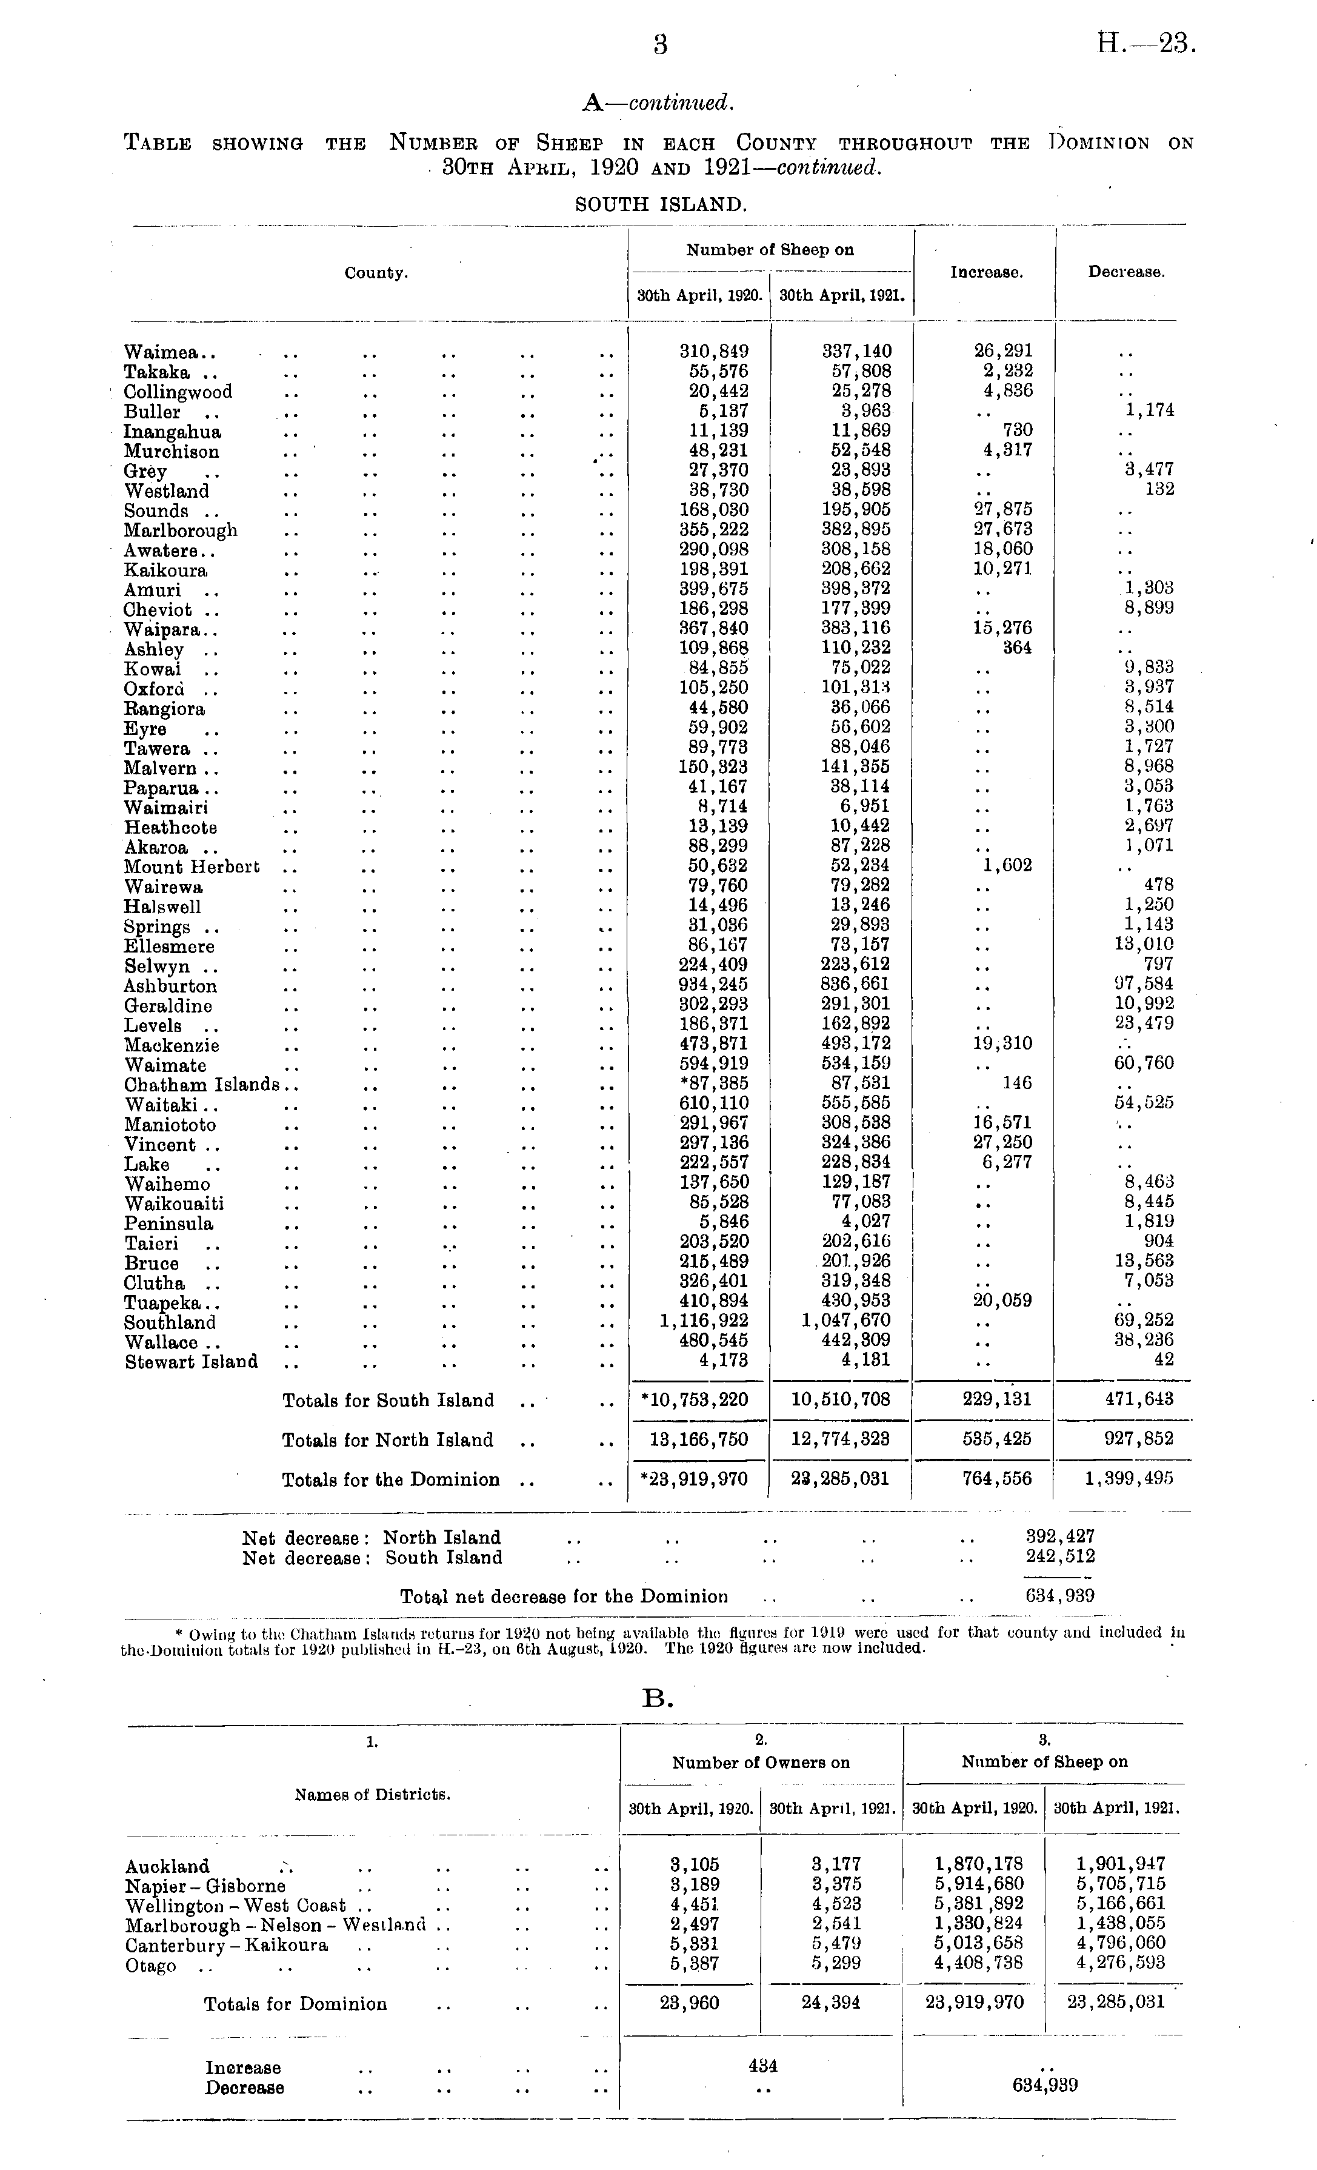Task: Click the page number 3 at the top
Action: click(660, 45)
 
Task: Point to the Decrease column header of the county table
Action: click(1126, 273)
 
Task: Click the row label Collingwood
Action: click(178, 392)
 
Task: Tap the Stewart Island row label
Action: click(191, 1362)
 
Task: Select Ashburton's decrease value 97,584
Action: click(1144, 983)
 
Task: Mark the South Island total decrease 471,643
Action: click(1133, 1399)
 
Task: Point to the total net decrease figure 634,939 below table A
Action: click(1060, 1596)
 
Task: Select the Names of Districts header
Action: click(372, 1795)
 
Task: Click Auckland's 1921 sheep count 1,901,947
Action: click(1120, 1864)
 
